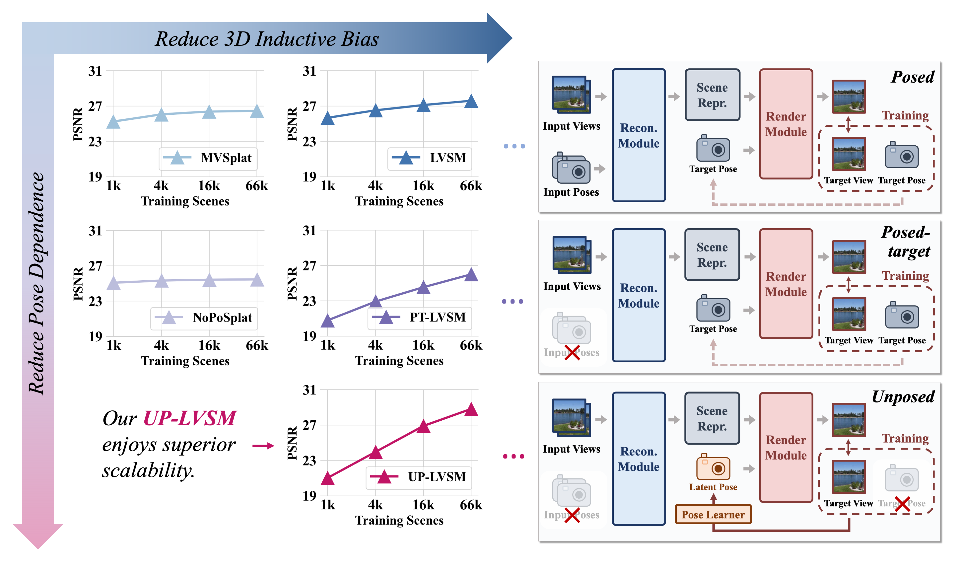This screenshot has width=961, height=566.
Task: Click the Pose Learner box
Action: pyautogui.click(x=713, y=514)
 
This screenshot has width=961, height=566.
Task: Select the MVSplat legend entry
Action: pyautogui.click(x=208, y=158)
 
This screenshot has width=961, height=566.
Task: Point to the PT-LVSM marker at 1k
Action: pyautogui.click(x=328, y=321)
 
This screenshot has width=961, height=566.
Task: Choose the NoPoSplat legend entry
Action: pyautogui.click(x=204, y=317)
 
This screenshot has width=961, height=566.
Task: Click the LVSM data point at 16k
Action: pyautogui.click(x=423, y=105)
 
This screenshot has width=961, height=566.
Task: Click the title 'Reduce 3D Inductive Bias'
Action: pyautogui.click(x=267, y=39)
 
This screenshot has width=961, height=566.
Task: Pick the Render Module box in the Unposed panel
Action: pyautogui.click(x=786, y=447)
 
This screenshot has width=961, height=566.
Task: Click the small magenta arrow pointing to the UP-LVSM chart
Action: pyautogui.click(x=263, y=445)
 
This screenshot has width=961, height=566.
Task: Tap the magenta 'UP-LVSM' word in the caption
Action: pyautogui.click(x=190, y=418)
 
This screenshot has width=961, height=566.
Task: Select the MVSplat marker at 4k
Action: pyautogui.click(x=161, y=114)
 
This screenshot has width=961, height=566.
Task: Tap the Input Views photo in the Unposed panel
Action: pyautogui.click(x=571, y=417)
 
